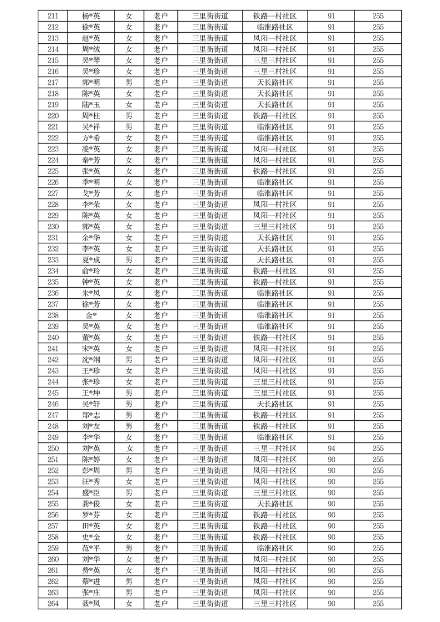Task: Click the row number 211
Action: click(53, 16)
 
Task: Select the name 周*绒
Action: click(91, 49)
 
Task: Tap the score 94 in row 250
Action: click(331, 448)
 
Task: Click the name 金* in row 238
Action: click(91, 315)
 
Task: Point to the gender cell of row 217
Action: click(129, 83)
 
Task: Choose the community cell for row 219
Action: click(275, 105)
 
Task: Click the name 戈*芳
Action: click(91, 193)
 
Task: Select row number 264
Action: click(53, 604)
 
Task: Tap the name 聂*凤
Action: click(91, 604)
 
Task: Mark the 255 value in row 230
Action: click(378, 227)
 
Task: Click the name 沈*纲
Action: click(91, 360)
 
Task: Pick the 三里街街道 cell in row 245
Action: click(210, 393)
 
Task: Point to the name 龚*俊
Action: click(91, 504)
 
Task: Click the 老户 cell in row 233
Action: click(161, 260)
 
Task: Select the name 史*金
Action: click(91, 537)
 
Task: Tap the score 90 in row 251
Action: click(331, 460)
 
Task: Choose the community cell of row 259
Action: click(275, 548)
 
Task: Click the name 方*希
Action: click(91, 138)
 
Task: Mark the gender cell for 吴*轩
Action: click(129, 404)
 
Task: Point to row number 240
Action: click(53, 338)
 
